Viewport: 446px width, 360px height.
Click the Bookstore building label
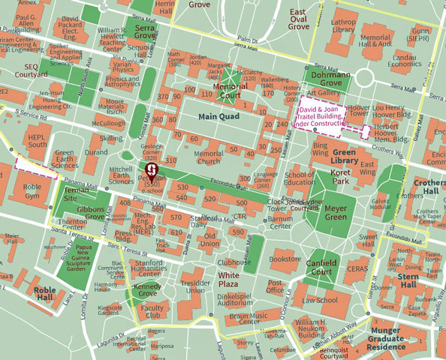pos(285,259)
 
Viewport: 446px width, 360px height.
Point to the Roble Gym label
pos(32,191)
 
